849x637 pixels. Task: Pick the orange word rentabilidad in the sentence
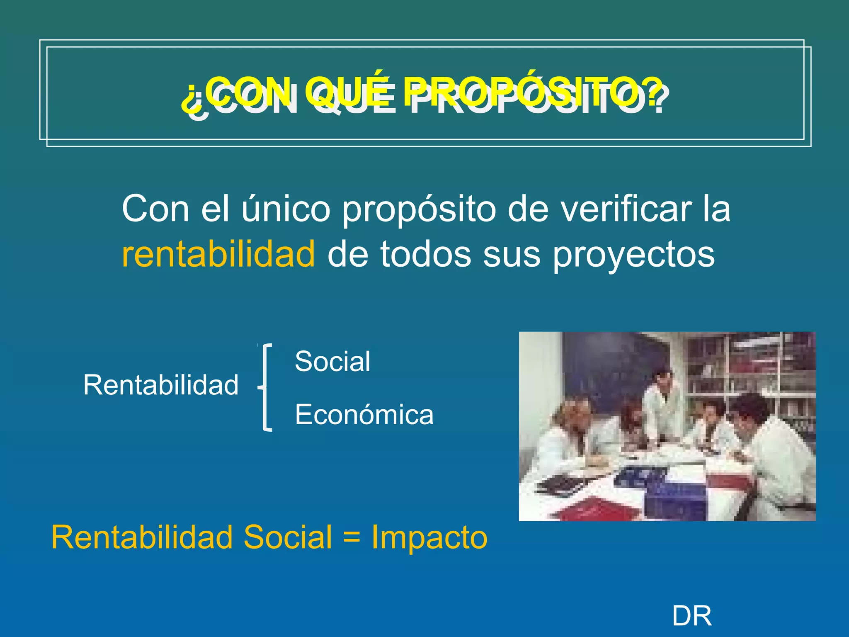coord(218,254)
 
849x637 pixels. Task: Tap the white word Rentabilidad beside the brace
coord(161,385)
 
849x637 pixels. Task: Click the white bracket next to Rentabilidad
coord(267,388)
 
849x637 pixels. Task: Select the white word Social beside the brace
coord(332,361)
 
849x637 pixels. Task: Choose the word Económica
coord(364,415)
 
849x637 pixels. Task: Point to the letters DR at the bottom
coord(691,616)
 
